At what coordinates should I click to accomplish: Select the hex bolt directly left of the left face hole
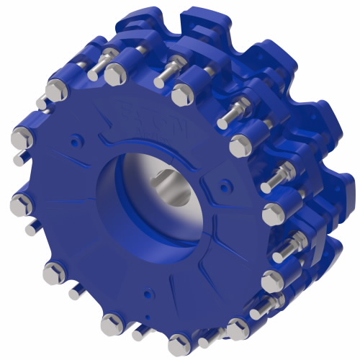click(22, 138)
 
